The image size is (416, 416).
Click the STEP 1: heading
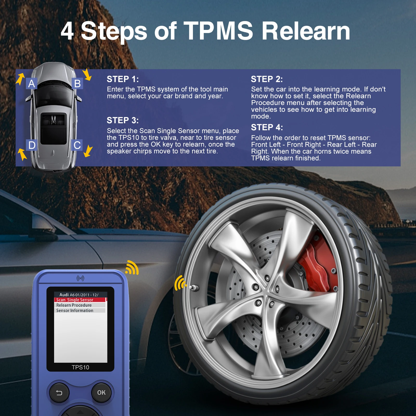(x=123, y=79)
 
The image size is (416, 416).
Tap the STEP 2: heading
(x=267, y=79)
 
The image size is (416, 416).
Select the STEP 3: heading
(x=123, y=120)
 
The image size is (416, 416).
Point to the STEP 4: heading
(x=267, y=127)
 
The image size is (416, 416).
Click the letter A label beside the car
(x=31, y=84)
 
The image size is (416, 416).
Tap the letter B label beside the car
(x=77, y=84)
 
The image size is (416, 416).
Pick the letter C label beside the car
(x=77, y=145)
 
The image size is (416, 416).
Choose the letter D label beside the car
(x=32, y=145)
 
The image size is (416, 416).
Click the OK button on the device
(x=101, y=393)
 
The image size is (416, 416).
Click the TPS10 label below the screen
(x=80, y=367)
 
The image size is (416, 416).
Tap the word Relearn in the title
(x=306, y=31)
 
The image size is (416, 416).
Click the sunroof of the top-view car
(x=53, y=128)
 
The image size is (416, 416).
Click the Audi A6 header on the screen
(x=79, y=295)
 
